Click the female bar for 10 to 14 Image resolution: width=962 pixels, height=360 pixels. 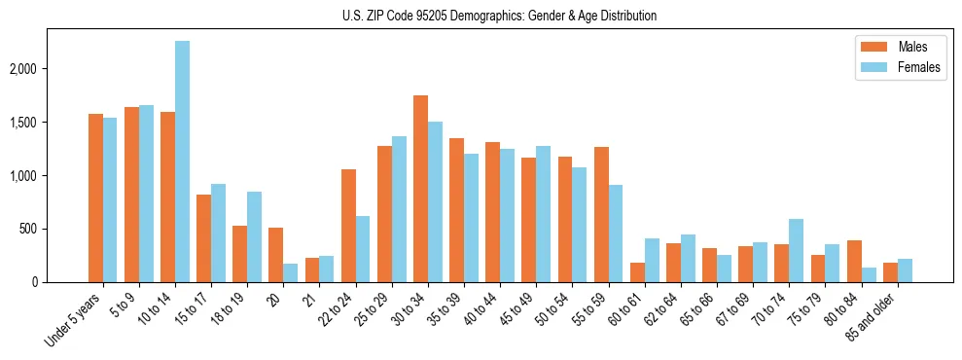182,162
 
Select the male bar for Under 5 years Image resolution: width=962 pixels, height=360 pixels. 95,198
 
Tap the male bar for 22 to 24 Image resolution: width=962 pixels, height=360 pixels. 348,226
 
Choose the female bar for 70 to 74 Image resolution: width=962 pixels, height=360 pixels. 796,250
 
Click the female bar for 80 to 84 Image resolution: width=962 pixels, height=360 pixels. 868,274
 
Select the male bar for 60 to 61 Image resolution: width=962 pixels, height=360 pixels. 637,272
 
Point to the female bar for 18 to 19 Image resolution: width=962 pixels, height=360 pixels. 254,236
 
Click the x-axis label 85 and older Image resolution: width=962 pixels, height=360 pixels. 874,318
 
